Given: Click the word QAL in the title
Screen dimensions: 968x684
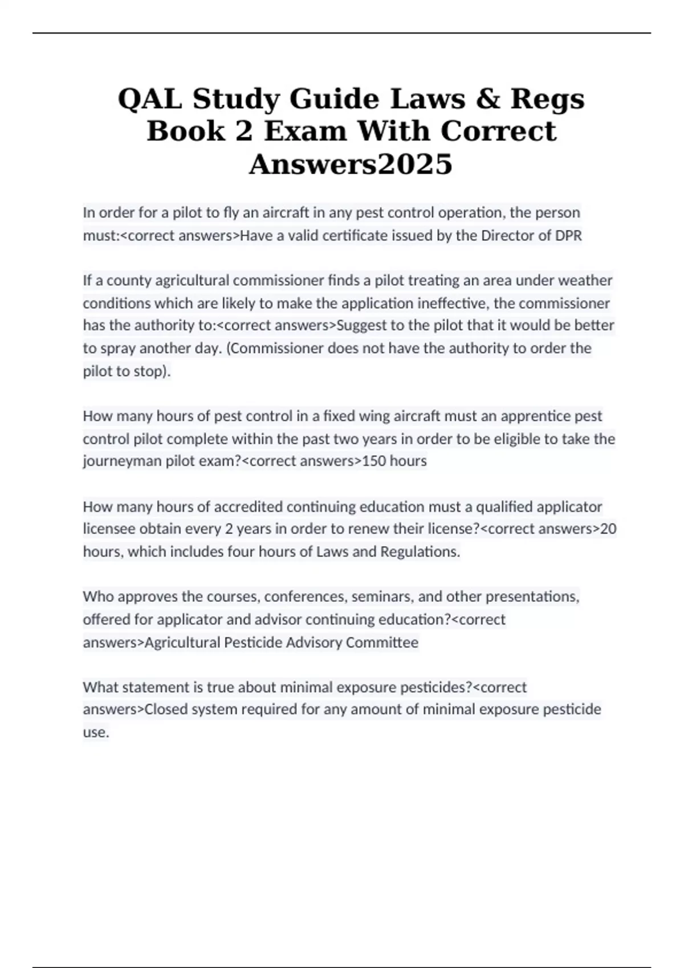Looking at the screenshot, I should pyautogui.click(x=150, y=99).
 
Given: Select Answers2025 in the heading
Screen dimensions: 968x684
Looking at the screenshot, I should pyautogui.click(x=351, y=164).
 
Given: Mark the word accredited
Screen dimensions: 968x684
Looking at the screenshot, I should pyautogui.click(x=248, y=506).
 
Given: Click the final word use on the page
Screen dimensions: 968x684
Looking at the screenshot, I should pyautogui.click(x=95, y=732).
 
